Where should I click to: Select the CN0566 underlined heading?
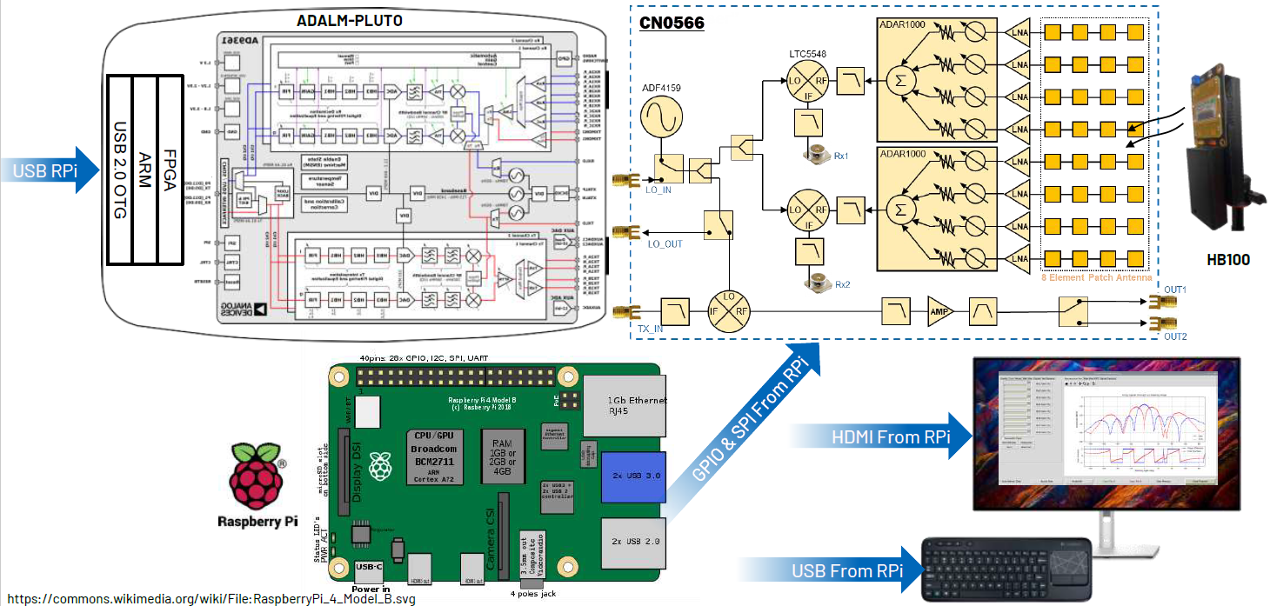pos(672,22)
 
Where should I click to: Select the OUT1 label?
pos(1175,289)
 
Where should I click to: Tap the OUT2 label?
pos(1175,336)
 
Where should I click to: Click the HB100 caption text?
pos(1228,258)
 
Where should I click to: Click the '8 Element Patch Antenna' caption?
pos(1096,277)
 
